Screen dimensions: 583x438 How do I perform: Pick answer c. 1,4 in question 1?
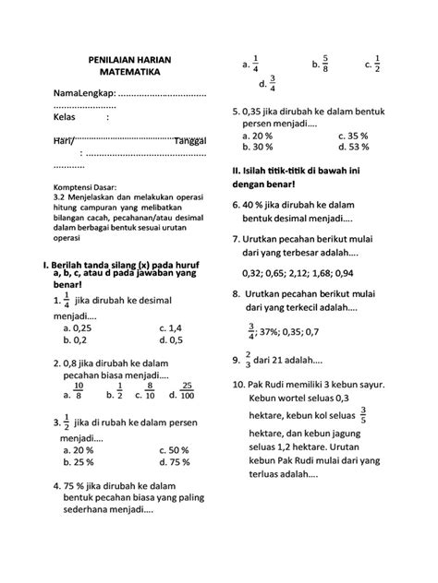click(x=170, y=326)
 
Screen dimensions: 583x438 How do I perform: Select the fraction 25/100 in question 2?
click(x=187, y=391)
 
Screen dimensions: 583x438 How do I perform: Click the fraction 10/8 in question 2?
click(x=78, y=391)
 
